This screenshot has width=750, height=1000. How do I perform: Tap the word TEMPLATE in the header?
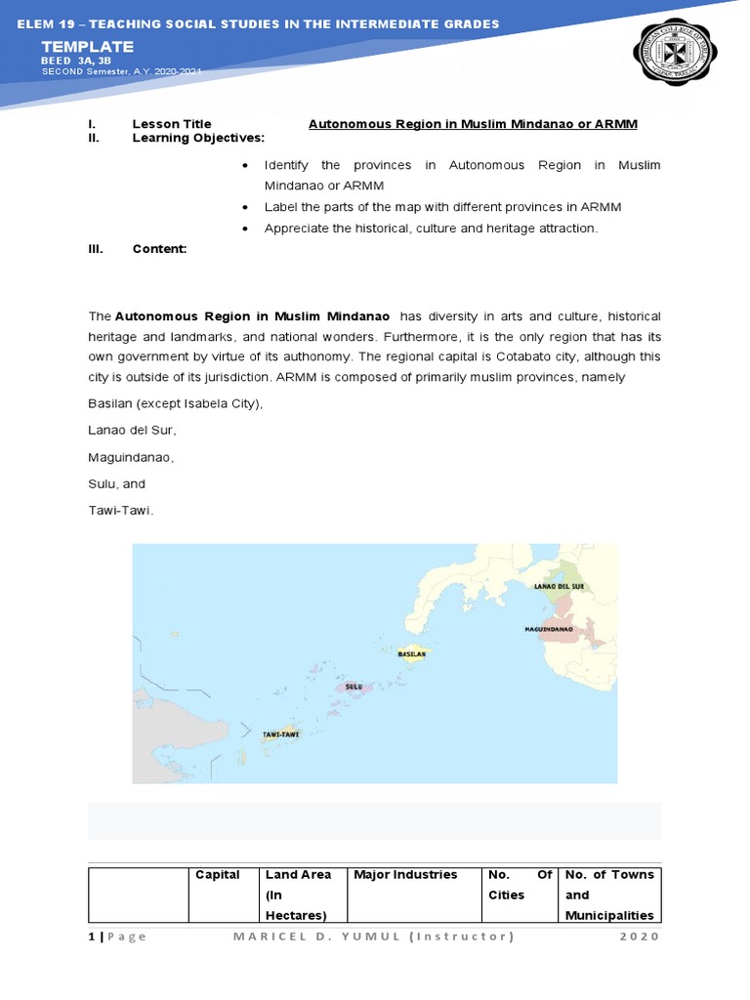point(87,47)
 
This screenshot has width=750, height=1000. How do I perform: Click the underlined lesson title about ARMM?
point(473,124)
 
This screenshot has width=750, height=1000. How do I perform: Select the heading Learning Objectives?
point(198,138)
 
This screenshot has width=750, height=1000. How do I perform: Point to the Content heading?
point(159,249)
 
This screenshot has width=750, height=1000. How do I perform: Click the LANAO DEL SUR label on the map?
point(558,586)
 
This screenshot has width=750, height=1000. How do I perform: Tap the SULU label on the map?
point(354,687)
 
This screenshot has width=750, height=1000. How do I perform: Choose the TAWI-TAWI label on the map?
point(280,732)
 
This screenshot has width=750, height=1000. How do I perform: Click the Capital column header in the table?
point(218,875)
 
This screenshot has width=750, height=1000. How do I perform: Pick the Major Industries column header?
point(405,875)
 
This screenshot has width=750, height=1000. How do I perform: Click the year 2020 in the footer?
point(640,937)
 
